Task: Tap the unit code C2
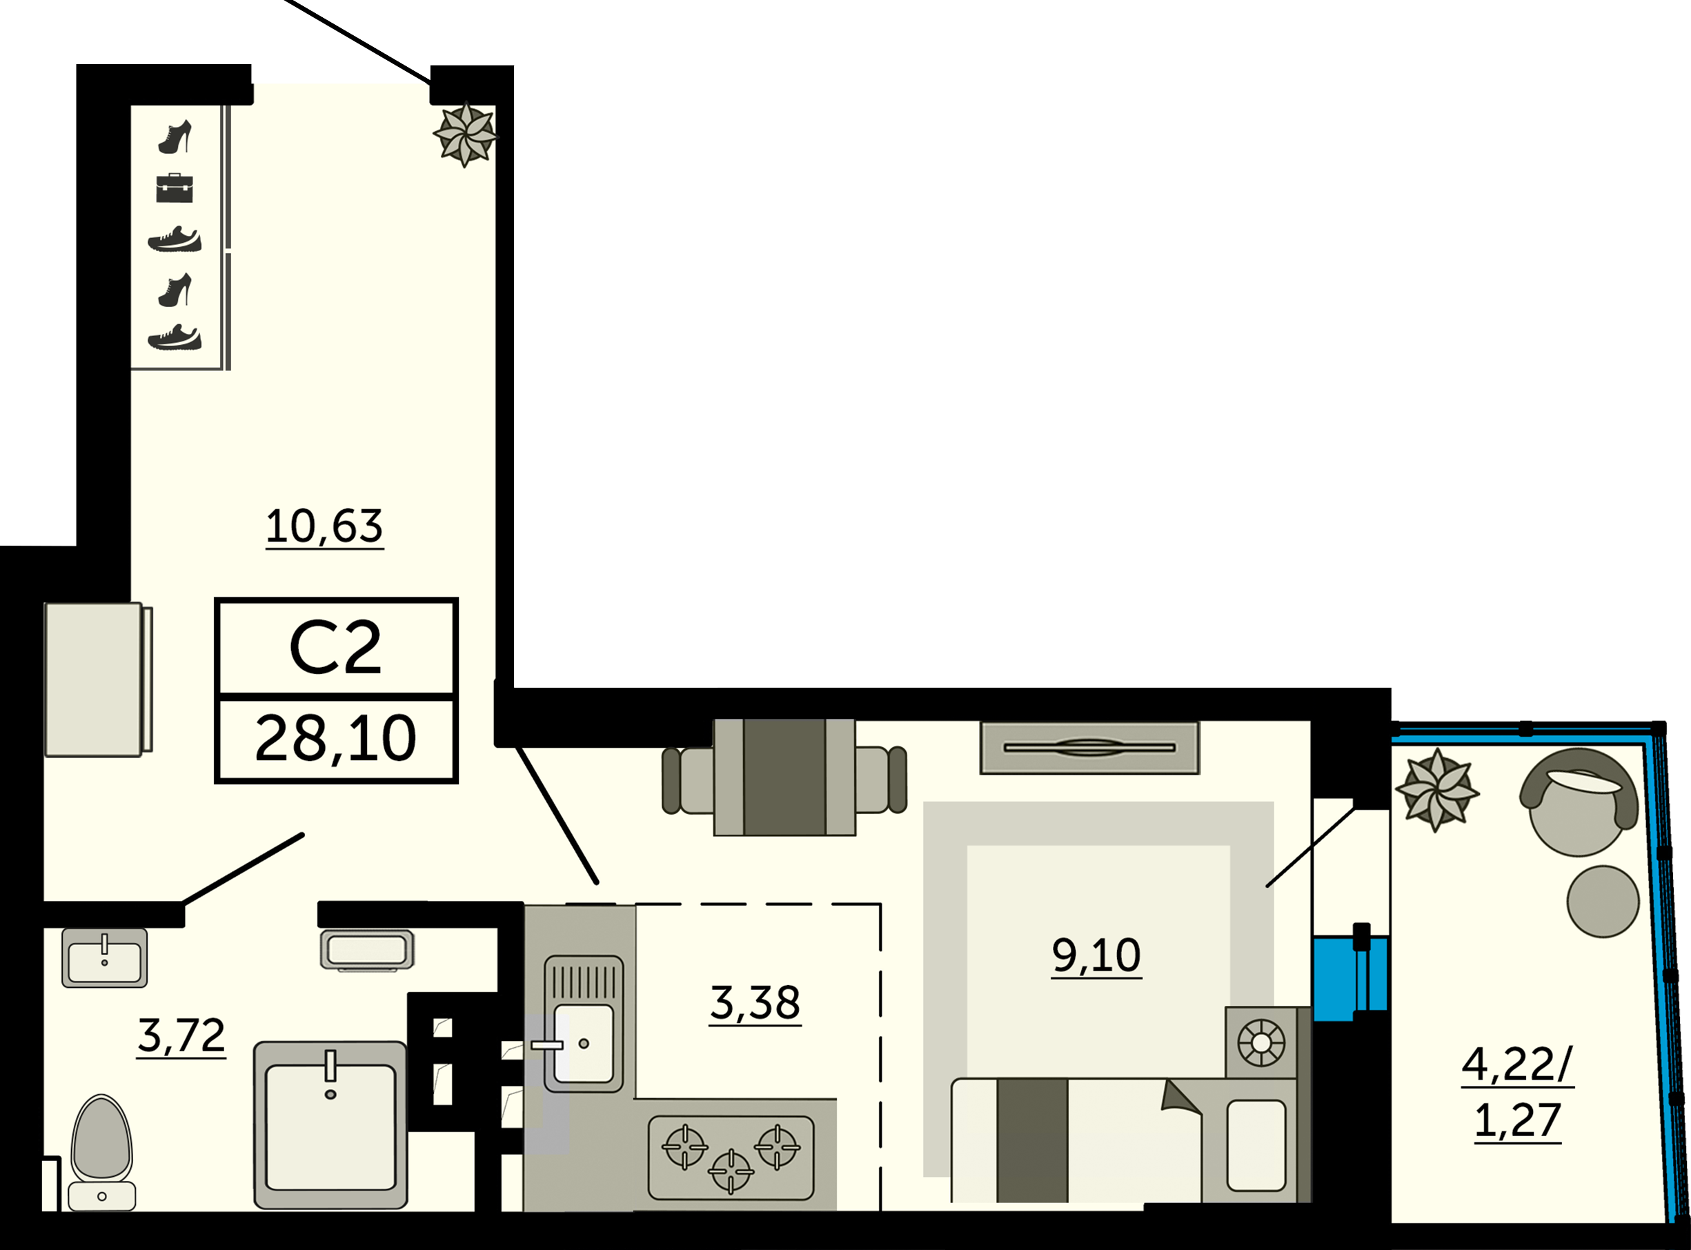point(335,648)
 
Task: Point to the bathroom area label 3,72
point(181,1035)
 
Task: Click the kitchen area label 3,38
point(754,1002)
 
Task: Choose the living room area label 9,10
point(1096,955)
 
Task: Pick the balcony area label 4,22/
point(1516,1064)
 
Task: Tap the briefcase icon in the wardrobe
point(175,188)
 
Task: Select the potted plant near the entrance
point(464,135)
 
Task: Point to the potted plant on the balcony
point(1436,791)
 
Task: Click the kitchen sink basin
point(584,1042)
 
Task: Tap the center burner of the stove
point(731,1171)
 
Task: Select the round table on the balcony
point(1603,901)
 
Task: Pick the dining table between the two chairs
point(784,777)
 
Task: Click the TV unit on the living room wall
point(1089,748)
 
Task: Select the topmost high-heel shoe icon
point(175,137)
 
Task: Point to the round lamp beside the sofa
point(1260,1042)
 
